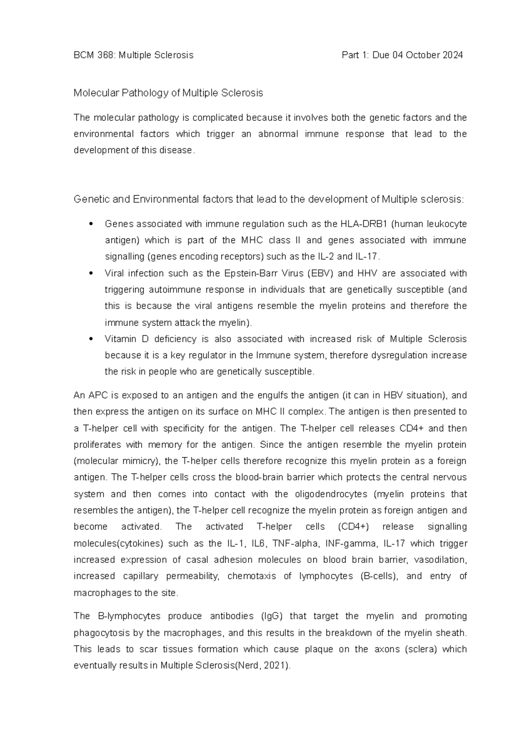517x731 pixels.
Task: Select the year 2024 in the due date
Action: click(x=452, y=55)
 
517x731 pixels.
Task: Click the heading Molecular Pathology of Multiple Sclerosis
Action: click(x=168, y=93)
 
